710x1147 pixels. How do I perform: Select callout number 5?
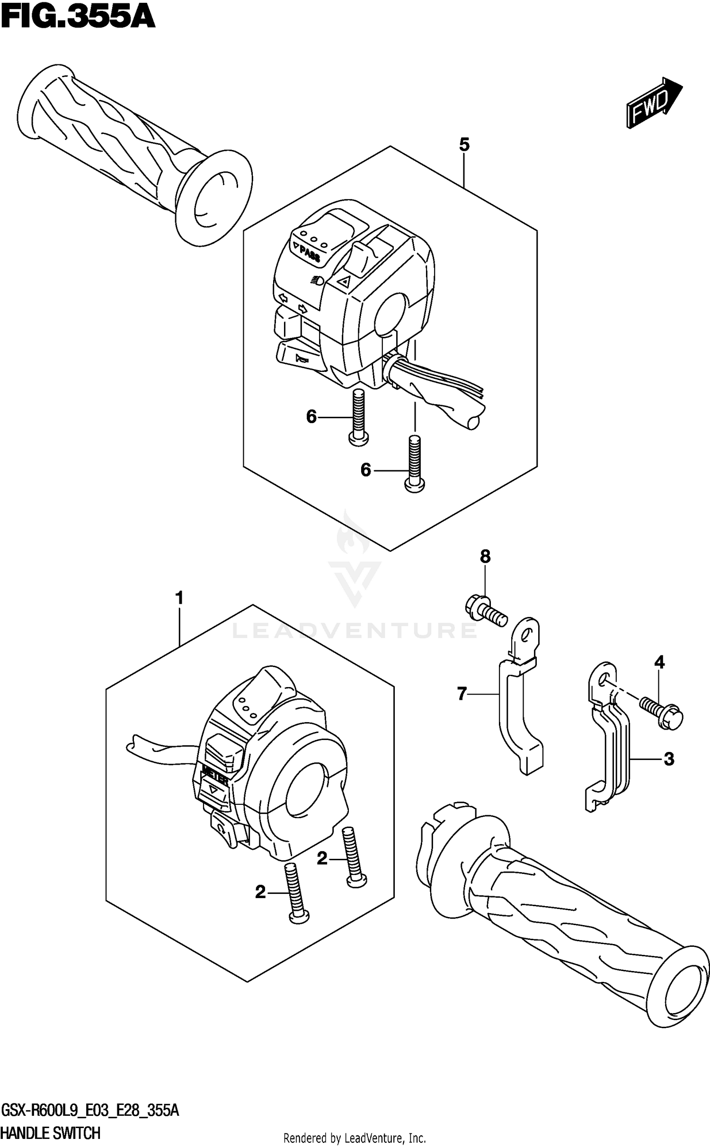(464, 145)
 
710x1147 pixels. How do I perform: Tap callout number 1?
(179, 598)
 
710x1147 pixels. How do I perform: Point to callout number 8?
(485, 556)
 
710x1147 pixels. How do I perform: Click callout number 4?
(659, 662)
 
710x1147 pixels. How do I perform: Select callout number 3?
(668, 759)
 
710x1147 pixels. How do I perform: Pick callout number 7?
(462, 694)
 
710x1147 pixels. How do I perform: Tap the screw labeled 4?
(662, 714)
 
